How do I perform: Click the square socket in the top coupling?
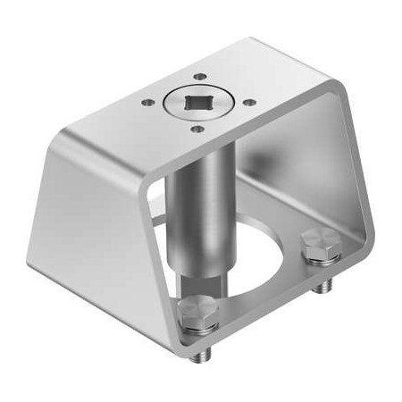pos(197,104)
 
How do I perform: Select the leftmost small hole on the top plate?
pos(147,102)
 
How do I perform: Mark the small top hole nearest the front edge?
pos(197,129)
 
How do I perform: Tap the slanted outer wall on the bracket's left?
pos(98,214)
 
